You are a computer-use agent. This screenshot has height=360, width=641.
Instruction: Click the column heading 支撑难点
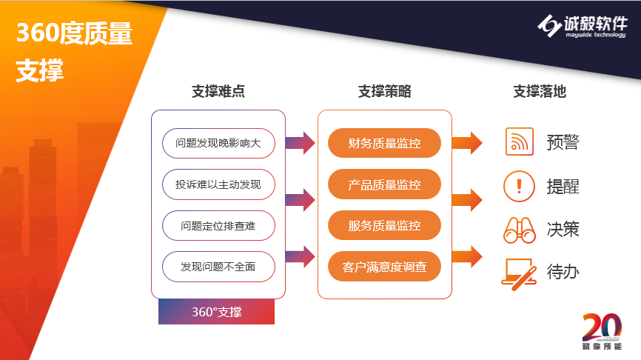[x=218, y=91]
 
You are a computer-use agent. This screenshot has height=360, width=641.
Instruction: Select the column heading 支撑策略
[x=385, y=91]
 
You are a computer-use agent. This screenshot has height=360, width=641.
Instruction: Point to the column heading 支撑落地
[x=540, y=91]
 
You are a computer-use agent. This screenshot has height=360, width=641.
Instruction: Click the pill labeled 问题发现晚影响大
[x=218, y=143]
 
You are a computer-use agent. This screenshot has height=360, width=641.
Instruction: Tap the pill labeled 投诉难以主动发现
[x=218, y=184]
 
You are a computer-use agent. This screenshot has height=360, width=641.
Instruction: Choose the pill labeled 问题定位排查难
[x=218, y=226]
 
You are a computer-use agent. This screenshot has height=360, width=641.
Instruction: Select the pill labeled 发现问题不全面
[x=218, y=267]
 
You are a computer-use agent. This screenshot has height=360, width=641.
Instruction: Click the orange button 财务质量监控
[x=384, y=143]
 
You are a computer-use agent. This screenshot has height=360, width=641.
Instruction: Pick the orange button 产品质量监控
[x=384, y=184]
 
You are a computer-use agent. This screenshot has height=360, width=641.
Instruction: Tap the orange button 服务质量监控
[x=384, y=225]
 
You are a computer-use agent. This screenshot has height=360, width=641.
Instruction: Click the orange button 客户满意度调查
[x=384, y=267]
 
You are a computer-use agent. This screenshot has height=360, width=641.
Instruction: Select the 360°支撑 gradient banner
[x=217, y=312]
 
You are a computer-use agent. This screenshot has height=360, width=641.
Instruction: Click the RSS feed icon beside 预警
[x=520, y=141]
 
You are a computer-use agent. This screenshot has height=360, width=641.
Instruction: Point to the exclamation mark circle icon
[x=519, y=187]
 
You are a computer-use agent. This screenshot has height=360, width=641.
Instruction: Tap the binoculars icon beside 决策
[x=520, y=230]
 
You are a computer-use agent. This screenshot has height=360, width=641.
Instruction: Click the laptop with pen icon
[x=519, y=274]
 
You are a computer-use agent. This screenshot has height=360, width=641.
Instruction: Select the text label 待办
[x=563, y=272]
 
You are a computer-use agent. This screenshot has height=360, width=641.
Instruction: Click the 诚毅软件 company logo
[x=583, y=26]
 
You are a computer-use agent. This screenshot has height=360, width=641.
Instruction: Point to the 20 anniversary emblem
[x=603, y=331]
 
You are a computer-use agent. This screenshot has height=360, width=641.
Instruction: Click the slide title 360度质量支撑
[x=74, y=51]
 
